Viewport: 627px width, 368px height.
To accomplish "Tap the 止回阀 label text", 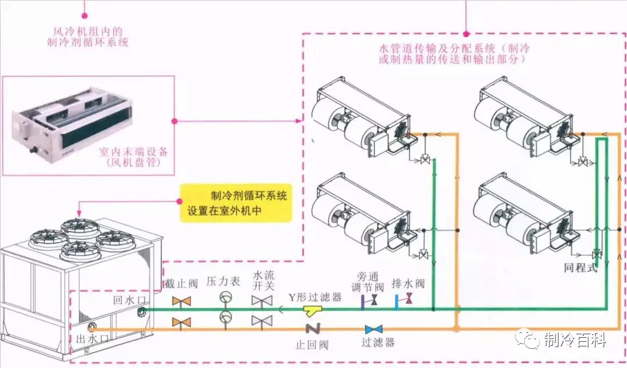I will click(x=312, y=344).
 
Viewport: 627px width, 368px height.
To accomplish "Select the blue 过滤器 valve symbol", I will click(x=373, y=329).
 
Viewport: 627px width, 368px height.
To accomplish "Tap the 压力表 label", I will click(x=224, y=281).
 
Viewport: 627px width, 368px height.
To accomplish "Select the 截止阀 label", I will click(x=182, y=284).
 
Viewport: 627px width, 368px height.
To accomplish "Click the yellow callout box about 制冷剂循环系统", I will click(x=235, y=203).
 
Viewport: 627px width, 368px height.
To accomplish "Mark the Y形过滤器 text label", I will click(x=315, y=296).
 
